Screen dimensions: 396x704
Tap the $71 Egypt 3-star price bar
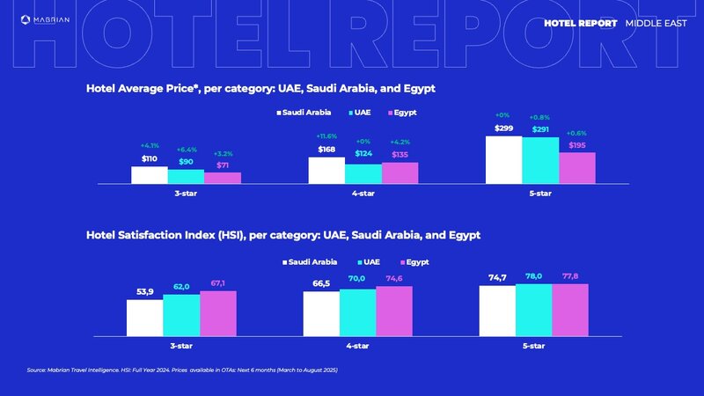222,178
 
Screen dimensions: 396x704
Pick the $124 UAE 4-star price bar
363,173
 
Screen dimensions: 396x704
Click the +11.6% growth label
326,136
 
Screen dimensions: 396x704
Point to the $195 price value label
576,145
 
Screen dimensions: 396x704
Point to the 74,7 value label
498,278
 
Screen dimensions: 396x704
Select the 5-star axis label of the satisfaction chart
534,346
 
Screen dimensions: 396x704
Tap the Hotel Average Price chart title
260,90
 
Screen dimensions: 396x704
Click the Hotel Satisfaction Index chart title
282,236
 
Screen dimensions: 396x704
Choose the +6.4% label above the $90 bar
187,150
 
